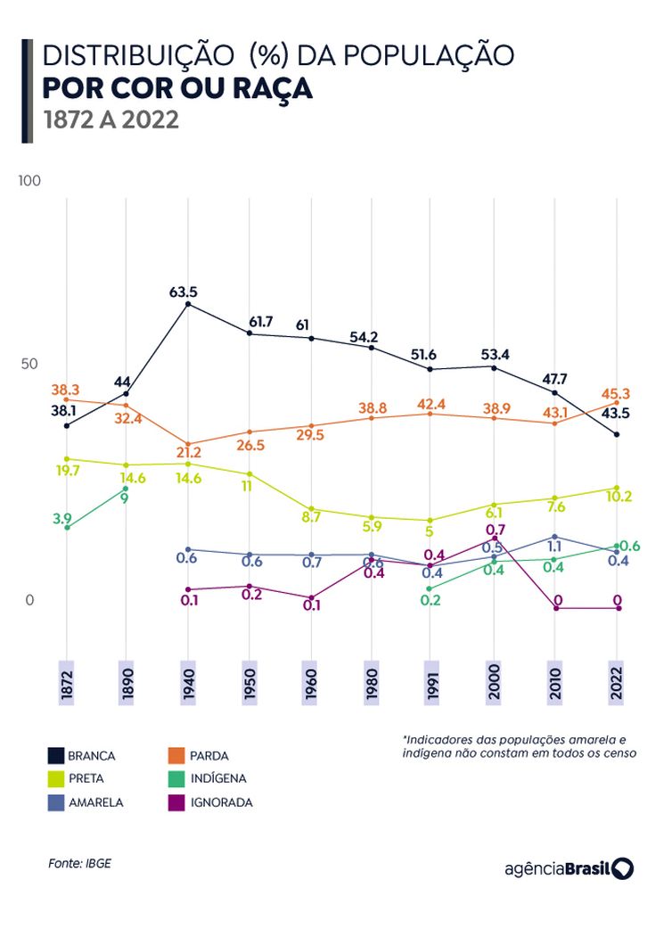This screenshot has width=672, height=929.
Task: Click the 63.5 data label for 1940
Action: tap(183, 292)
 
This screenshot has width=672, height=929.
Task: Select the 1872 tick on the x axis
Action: tap(65, 684)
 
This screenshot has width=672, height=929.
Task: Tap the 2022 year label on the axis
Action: tap(616, 684)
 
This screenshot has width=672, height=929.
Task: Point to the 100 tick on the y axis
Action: tap(30, 181)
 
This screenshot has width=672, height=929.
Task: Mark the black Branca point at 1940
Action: tap(187, 304)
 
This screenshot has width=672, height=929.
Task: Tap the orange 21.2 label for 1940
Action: tap(188, 453)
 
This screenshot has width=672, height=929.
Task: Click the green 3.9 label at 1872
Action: tap(61, 518)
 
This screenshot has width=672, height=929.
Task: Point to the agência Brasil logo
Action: tap(569, 868)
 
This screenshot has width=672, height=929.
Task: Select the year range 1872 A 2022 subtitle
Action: tap(111, 119)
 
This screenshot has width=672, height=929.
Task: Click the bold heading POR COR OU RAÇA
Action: tap(177, 88)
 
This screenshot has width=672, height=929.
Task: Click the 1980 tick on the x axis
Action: tap(371, 684)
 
